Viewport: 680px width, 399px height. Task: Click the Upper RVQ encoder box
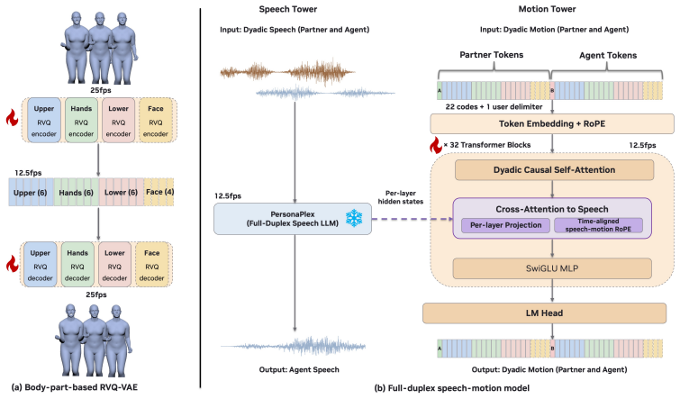point(44,120)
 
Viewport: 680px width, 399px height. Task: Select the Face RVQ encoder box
point(155,120)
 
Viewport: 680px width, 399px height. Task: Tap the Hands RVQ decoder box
point(77,265)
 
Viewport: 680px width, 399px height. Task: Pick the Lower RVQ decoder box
point(114,265)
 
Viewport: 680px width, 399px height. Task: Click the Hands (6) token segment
point(77,192)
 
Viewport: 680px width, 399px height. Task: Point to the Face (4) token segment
point(159,192)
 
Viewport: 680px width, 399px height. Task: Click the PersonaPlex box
point(293,219)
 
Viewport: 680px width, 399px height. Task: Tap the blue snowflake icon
point(354,218)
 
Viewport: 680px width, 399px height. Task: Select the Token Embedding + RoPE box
point(551,123)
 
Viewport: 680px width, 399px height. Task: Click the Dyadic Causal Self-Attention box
point(554,170)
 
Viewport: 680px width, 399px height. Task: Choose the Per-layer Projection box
point(505,225)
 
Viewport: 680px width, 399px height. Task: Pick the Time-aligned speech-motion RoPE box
point(598,225)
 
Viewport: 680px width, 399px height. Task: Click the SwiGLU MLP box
point(552,268)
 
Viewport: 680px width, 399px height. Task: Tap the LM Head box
point(544,313)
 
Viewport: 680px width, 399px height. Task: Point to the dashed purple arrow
point(413,219)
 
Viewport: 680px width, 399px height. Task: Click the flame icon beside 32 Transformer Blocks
point(436,145)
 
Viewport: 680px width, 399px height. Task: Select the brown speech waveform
point(287,71)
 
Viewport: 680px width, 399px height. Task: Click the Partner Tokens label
point(492,55)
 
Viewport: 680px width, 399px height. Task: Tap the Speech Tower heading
point(288,9)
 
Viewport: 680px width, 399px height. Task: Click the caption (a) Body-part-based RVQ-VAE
point(75,387)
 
